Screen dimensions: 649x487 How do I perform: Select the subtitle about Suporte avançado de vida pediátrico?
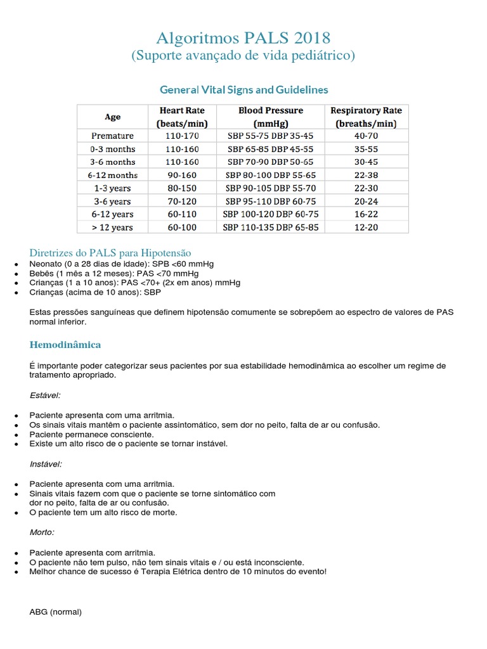(243, 56)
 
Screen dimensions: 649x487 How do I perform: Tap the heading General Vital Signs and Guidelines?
(243, 89)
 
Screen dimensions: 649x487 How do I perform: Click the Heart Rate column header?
(182, 117)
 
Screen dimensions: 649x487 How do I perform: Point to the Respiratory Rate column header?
(366, 117)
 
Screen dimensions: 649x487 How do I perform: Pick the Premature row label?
(112, 136)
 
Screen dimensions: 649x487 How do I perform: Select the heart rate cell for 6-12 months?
(182, 175)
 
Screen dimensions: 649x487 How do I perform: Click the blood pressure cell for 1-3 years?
(271, 188)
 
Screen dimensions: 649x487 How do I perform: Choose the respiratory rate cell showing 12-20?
(366, 227)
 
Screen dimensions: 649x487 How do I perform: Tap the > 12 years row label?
(112, 227)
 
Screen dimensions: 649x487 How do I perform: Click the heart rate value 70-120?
(182, 201)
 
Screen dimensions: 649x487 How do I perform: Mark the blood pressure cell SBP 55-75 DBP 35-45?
(271, 136)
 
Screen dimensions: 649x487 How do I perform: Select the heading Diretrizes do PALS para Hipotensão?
(110, 253)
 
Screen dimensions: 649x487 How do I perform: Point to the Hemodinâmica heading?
(65, 345)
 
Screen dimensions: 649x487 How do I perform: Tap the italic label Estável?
(45, 395)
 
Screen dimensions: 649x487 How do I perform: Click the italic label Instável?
(46, 464)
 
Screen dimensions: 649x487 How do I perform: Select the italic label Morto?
(42, 532)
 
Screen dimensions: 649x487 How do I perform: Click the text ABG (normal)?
(56, 612)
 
